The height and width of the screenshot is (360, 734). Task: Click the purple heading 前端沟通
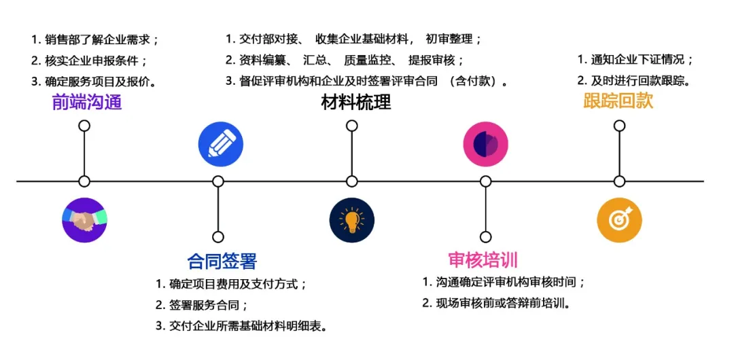[x=87, y=103]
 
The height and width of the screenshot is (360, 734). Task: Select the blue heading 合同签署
[x=222, y=261]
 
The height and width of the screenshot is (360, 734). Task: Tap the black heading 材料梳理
[x=355, y=103]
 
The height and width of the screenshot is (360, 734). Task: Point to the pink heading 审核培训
[x=483, y=259]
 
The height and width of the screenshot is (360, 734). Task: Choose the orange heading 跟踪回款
[x=618, y=101]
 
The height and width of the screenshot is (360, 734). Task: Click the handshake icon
[x=84, y=220]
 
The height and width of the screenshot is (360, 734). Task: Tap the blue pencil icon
[x=220, y=144]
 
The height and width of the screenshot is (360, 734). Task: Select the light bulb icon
[x=351, y=220]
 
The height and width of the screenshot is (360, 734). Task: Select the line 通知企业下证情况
[x=635, y=60]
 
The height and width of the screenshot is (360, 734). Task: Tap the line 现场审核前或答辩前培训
[x=495, y=303]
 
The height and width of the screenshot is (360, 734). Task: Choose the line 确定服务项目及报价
[x=94, y=81]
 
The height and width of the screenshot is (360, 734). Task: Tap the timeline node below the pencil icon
[x=218, y=181]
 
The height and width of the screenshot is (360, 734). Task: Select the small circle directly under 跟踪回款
[x=619, y=126]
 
